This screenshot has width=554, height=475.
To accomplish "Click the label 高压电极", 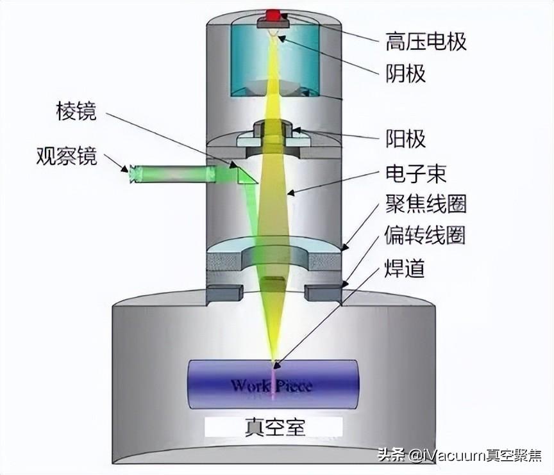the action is (426, 42).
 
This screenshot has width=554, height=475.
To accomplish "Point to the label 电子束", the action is (415, 173).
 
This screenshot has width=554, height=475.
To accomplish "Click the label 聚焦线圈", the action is (426, 205).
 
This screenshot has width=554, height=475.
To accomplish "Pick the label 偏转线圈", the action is (426, 236).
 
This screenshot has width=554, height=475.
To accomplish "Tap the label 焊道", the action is (406, 268).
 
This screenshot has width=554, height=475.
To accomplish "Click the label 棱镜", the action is (76, 112).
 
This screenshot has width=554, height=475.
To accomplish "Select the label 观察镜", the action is (67, 156).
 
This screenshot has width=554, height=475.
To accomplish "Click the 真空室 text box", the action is (273, 426).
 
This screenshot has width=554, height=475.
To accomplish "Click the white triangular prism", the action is (246, 174).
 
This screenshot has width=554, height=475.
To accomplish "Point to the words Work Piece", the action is (271, 385).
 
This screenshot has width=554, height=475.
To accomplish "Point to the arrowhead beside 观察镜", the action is (122, 168).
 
